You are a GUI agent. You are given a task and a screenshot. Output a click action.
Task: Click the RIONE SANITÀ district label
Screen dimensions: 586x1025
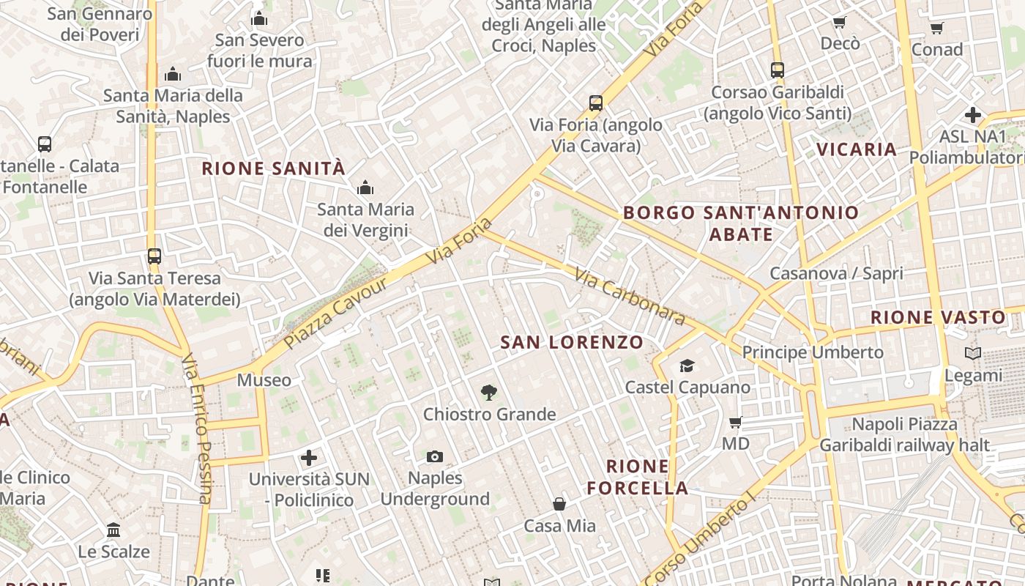273,168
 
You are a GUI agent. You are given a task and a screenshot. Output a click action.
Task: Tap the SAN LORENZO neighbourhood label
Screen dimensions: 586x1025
572,342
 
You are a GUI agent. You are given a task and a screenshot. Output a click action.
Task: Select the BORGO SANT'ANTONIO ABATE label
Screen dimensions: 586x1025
741,223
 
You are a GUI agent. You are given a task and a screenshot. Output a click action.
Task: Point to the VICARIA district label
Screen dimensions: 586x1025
857,149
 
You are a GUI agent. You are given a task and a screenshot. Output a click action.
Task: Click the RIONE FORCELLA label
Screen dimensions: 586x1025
638,477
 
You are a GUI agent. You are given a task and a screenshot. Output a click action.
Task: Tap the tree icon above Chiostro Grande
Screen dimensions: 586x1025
489,393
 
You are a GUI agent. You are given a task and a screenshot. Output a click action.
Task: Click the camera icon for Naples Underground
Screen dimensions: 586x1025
435,457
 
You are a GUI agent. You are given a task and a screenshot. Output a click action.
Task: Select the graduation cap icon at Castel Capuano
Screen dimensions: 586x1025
687,366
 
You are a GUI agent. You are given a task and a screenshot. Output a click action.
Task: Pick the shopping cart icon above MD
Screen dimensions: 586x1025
736,422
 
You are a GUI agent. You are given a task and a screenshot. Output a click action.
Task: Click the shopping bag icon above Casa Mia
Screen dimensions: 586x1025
559,504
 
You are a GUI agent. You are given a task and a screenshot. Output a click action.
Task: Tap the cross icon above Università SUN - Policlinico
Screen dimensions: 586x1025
309,458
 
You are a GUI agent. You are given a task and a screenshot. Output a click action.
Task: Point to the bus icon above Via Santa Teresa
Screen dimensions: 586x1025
154,256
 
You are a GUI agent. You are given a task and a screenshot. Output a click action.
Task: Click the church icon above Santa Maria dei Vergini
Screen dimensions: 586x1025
365,188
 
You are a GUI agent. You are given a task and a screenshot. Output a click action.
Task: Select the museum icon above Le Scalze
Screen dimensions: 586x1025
113,530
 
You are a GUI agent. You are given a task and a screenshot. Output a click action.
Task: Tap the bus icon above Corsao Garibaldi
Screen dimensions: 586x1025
778,70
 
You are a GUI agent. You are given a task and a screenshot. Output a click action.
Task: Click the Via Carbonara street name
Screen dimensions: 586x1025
630,297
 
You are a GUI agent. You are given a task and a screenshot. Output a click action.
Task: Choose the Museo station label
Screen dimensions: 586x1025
264,380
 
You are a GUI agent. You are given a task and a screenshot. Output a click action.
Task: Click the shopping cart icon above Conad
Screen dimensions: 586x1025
936,29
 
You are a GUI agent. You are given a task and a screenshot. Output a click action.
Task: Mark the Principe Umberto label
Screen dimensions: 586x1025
813,352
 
